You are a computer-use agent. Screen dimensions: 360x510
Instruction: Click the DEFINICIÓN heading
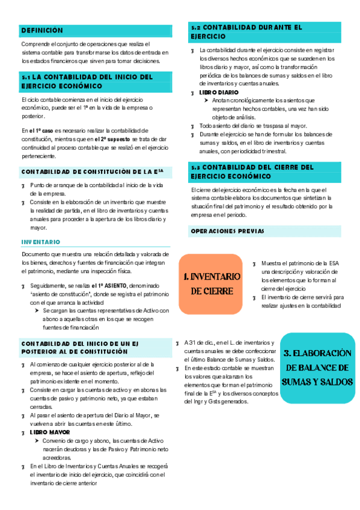41,29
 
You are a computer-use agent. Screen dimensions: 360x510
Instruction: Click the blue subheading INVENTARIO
40,242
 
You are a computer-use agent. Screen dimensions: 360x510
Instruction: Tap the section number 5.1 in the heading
25,77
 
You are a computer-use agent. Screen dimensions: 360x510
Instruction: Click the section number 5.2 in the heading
195,28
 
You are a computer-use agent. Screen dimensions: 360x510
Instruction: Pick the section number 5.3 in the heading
195,167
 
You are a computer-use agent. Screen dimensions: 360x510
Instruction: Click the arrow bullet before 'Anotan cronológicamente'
206,100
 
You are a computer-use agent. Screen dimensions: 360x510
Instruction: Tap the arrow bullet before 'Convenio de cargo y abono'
37,441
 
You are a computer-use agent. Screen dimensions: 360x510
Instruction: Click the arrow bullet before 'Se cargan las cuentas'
37,311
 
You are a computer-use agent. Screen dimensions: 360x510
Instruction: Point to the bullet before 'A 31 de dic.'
178,342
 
